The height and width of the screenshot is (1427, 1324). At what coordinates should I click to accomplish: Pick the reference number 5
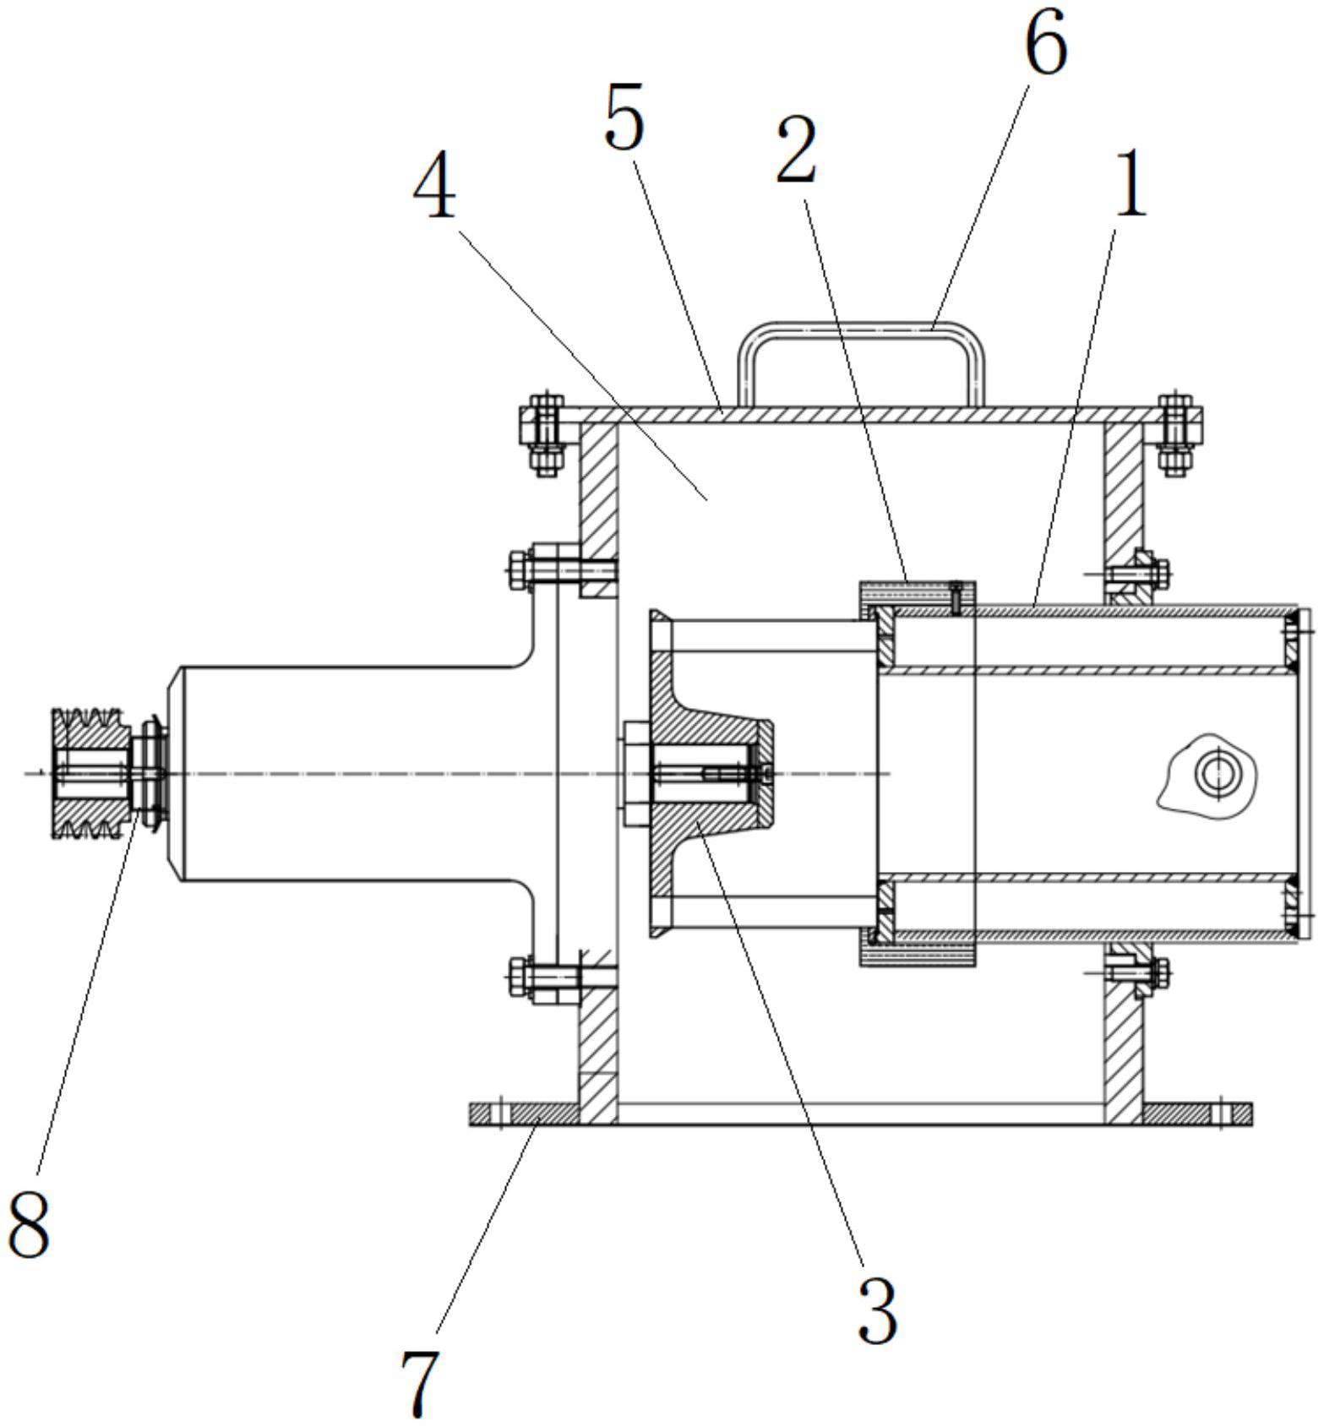point(624,117)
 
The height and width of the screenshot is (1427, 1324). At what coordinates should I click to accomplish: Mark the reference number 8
point(29,1219)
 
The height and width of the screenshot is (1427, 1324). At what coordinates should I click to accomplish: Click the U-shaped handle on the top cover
point(862,364)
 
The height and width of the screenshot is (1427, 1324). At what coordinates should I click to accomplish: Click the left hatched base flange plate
point(525,1114)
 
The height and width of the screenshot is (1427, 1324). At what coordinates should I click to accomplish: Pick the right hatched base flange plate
point(1197,1114)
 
